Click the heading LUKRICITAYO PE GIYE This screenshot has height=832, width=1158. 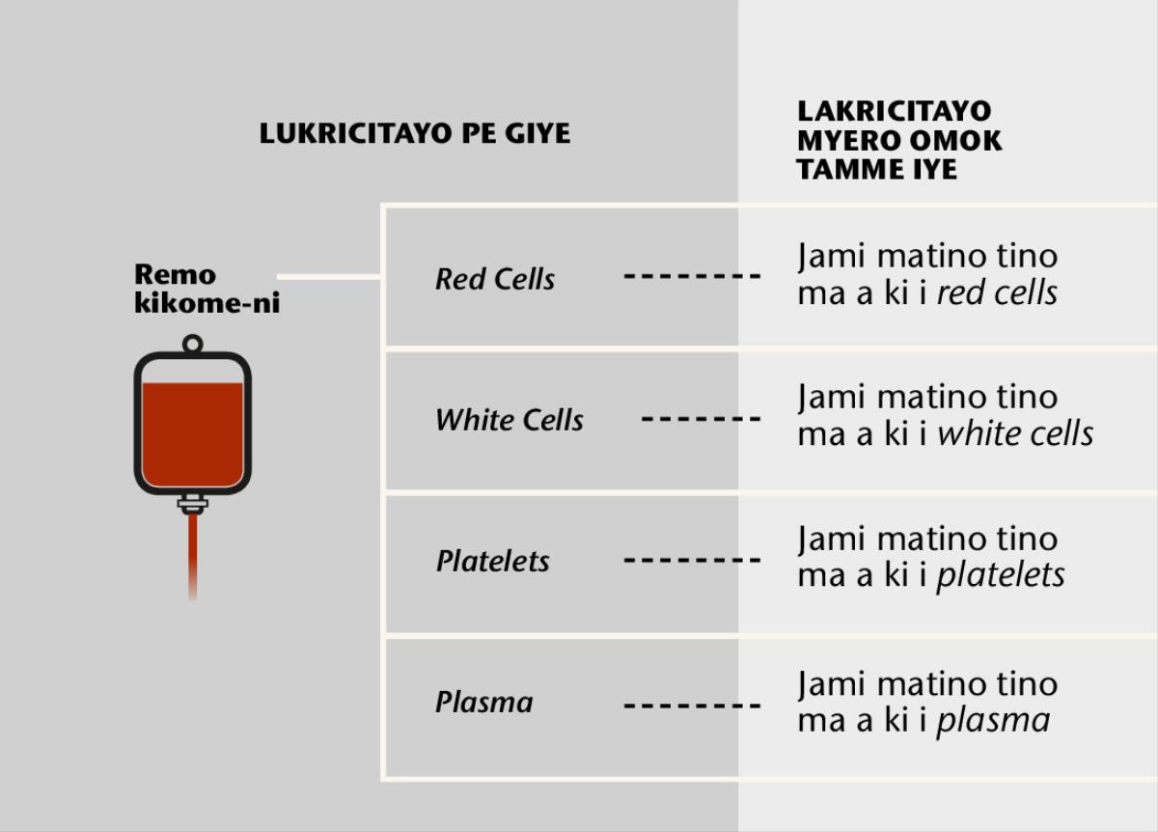click(x=415, y=133)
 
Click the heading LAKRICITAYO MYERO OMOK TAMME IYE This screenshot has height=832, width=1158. click(x=898, y=140)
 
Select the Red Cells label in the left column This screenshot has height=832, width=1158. click(x=495, y=280)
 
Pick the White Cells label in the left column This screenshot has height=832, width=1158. click(x=510, y=420)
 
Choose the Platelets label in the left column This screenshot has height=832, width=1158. click(x=492, y=561)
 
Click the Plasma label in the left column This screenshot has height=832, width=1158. click(x=483, y=702)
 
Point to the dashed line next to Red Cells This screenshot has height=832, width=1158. click(x=692, y=277)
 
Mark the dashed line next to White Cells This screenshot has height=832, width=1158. click(x=701, y=419)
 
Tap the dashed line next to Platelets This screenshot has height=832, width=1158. click(x=692, y=560)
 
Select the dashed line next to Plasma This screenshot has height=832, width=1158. click(x=692, y=705)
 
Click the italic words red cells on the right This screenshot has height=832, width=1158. click(x=997, y=293)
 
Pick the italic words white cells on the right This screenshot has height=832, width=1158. click(x=1015, y=434)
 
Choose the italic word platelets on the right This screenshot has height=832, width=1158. click(x=1001, y=576)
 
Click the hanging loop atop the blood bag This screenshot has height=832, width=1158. click(x=192, y=344)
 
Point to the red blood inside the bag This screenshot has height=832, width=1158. click(x=192, y=434)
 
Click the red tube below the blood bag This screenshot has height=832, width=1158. click(x=193, y=555)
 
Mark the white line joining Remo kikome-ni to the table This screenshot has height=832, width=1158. click(x=328, y=277)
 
